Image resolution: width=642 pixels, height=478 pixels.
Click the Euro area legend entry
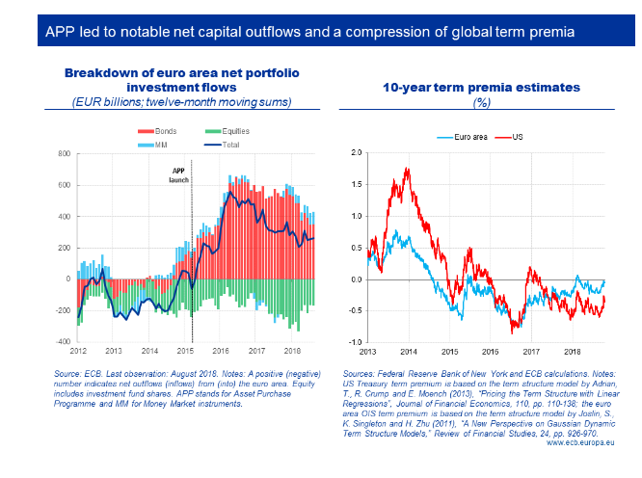pyautogui.click(x=454, y=137)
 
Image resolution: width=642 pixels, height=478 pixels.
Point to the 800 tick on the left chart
pyautogui.click(x=65, y=153)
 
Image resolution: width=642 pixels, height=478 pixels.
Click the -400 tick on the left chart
pyautogui.click(x=64, y=342)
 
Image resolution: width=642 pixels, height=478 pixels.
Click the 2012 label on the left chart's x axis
pyautogui.click(x=79, y=352)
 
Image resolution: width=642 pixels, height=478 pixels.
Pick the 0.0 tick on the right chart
pyautogui.click(x=356, y=279)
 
